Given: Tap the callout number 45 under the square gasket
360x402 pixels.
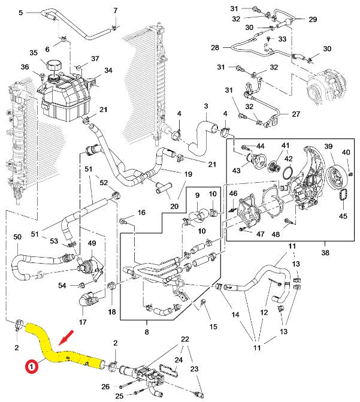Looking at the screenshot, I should click(x=343, y=216).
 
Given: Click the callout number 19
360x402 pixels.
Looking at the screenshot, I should click(x=187, y=174).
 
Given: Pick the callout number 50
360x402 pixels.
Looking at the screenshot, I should click(x=16, y=237).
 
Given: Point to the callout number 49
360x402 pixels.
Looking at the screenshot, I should click(x=92, y=243).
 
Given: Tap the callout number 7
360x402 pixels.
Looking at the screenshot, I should click(x=116, y=10).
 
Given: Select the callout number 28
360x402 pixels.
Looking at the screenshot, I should click(x=215, y=47).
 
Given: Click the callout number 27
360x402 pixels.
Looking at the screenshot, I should click(x=295, y=114).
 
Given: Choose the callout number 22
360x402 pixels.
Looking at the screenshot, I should click(x=185, y=339).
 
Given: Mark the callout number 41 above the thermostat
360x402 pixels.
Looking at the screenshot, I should click(x=285, y=145).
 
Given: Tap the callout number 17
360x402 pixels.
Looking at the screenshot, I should click(x=83, y=322).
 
